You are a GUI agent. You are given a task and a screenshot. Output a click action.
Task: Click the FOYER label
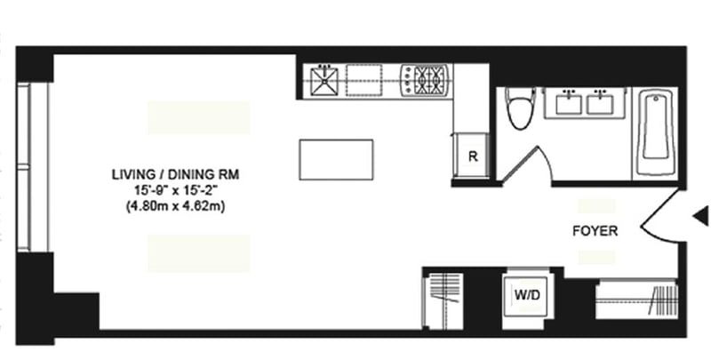coord(595,231)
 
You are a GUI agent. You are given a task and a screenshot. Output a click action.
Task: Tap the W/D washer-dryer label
coord(527,295)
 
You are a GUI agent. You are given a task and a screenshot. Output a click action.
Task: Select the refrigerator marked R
coord(472,156)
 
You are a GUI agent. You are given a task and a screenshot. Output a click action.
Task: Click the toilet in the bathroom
coord(521,108)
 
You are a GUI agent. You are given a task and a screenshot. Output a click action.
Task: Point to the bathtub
coord(656,132)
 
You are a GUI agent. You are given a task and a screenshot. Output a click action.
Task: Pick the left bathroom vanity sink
coord(569,102)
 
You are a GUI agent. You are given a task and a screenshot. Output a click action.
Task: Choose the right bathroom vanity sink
coord(601,102)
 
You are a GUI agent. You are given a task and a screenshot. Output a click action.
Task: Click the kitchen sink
coord(324,81)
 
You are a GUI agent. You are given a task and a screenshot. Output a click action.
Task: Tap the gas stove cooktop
coord(425,81)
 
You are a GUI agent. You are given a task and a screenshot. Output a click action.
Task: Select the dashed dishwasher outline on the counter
coord(363,80)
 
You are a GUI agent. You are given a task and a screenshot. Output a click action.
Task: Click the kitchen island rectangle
coord(336,160)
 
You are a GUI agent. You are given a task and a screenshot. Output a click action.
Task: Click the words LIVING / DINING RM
coord(175,174)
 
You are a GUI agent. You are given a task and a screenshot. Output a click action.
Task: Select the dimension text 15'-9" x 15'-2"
coord(175,190)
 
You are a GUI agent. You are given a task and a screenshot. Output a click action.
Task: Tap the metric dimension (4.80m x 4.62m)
coord(175,207)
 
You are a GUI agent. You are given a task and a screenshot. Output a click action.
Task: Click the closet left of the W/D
coord(443,301)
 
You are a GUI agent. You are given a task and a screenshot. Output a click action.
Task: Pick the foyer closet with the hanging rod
coord(636,300)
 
